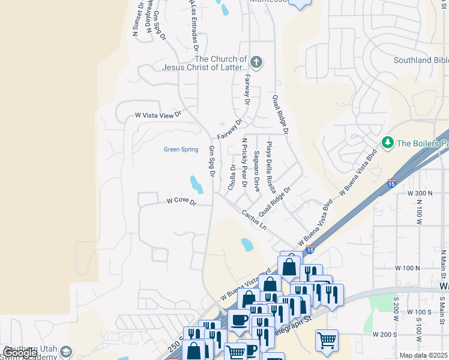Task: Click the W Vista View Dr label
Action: (x=158, y=115)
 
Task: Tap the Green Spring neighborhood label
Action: (x=181, y=149)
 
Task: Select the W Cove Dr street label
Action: (x=182, y=201)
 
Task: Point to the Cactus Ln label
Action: (x=254, y=219)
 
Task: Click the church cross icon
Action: (x=256, y=62)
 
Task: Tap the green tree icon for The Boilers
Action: (x=388, y=143)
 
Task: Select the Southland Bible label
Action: (x=421, y=60)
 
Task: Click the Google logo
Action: (x=19, y=353)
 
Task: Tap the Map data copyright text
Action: (x=424, y=355)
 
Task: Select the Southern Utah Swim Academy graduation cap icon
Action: (x=66, y=352)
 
